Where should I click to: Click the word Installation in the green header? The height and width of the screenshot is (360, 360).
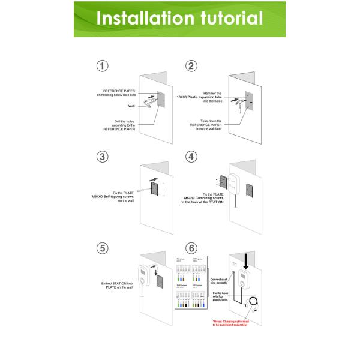click(142, 18)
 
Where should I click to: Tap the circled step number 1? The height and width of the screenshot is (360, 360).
click(103, 66)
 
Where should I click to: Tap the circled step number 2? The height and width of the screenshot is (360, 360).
click(191, 66)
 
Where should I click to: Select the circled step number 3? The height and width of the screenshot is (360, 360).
click(103, 157)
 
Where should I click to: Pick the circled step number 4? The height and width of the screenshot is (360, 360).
click(191, 157)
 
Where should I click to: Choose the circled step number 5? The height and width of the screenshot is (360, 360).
click(103, 248)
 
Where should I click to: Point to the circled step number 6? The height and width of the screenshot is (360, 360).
click(191, 248)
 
